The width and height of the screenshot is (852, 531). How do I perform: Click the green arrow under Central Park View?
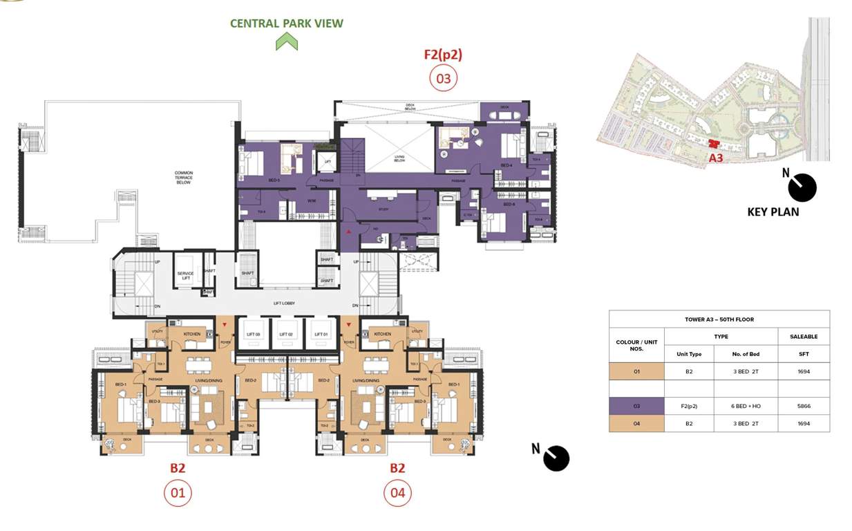click(286, 43)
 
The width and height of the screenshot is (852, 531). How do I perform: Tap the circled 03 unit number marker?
click(443, 78)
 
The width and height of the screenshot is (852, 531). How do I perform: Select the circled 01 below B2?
click(178, 494)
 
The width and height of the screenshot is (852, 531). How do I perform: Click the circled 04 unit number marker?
click(397, 494)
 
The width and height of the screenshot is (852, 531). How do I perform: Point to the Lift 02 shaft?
click(287, 335)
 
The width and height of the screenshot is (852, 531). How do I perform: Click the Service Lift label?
click(185, 274)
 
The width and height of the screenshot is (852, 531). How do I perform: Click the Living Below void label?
click(399, 158)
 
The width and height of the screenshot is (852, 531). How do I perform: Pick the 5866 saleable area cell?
click(803, 407)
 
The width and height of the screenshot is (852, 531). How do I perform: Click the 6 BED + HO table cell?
click(746, 407)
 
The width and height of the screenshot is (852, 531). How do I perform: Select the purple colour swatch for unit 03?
click(636, 407)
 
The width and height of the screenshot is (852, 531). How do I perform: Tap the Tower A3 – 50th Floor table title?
click(719, 319)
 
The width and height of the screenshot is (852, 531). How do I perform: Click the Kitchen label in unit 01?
click(191, 334)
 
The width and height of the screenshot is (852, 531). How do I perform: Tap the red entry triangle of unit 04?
click(348, 324)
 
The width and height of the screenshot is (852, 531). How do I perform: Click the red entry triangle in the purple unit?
click(348, 232)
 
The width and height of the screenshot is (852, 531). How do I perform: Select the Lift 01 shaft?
click(321, 335)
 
